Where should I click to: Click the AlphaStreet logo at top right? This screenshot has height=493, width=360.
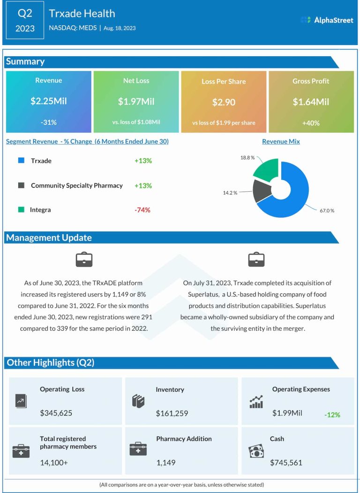pos(327,20)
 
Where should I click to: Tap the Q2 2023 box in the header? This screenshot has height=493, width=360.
pos(25,20)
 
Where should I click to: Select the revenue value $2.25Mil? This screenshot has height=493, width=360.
pos(49,101)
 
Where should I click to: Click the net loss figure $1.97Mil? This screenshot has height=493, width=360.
pos(136,101)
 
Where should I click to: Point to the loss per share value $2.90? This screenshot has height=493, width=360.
pos(224,102)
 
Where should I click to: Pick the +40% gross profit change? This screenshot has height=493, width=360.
pos(311,123)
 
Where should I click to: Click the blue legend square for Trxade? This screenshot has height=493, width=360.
pos(21,160)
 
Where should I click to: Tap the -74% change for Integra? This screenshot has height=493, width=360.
pos(142,210)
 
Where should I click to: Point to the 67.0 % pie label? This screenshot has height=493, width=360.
pos(327,211)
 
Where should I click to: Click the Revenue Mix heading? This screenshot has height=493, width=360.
pos(281,141)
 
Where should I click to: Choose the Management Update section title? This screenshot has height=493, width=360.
pos(49,238)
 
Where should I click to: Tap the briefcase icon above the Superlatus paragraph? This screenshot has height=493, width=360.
pos(256,259)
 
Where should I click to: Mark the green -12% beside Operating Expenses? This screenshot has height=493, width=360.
pos(332,415)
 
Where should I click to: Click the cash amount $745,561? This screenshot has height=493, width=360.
pos(286,463)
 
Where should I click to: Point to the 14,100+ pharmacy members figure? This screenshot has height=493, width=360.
pos(54,463)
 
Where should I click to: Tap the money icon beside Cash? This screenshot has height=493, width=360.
pos(256,451)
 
